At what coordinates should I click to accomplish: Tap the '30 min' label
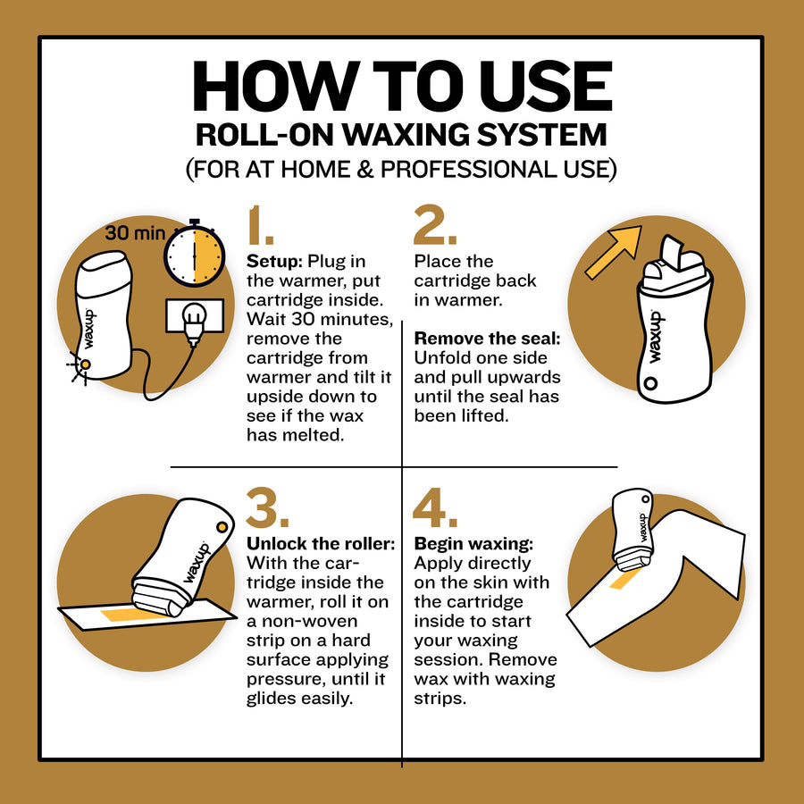(x=135, y=233)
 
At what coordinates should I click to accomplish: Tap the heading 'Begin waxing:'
(x=473, y=544)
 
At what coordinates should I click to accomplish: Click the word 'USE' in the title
(x=530, y=87)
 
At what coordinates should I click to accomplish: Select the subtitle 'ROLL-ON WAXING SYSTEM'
(x=401, y=134)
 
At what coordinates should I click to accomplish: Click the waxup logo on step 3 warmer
(x=198, y=562)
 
